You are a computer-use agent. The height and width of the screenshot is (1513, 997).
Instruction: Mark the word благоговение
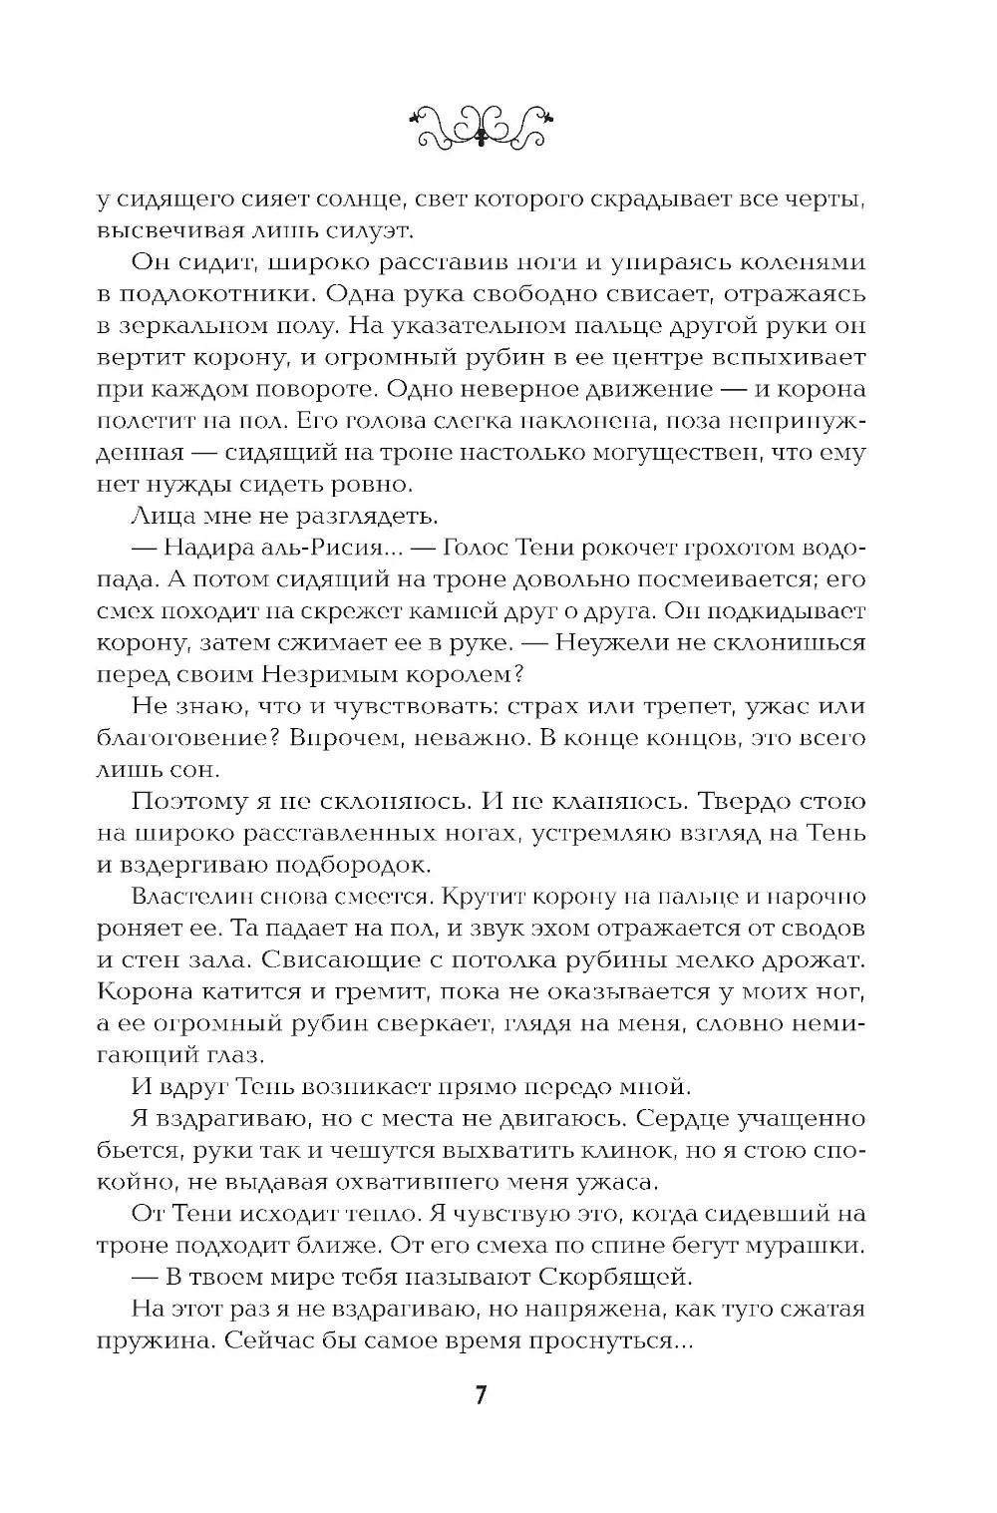pyautogui.click(x=177, y=737)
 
